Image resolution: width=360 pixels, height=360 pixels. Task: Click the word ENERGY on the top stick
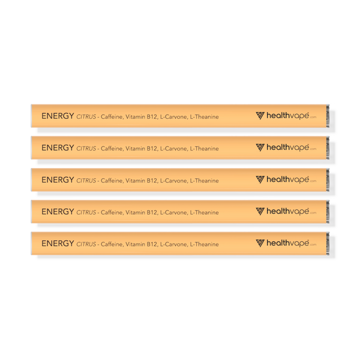[x=58, y=116]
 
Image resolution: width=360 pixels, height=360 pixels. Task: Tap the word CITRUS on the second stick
[x=86, y=149]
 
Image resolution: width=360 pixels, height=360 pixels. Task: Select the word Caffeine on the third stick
[x=112, y=181]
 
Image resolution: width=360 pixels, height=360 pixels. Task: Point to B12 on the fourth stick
[x=152, y=212]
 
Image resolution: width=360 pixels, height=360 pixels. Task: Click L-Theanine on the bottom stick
[x=204, y=244]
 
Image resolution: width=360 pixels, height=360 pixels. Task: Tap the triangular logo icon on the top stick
[x=260, y=116]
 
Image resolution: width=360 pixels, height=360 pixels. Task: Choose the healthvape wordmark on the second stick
[x=287, y=148]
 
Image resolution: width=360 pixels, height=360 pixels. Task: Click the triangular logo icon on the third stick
[x=260, y=179]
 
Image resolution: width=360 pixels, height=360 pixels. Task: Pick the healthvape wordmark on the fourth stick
[x=287, y=211]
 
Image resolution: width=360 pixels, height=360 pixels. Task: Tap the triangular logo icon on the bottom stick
[x=260, y=243]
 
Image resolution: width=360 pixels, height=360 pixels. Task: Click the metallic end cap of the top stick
[x=328, y=116]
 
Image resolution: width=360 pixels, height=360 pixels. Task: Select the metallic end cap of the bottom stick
[x=328, y=244]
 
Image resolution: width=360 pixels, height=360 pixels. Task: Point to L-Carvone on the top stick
[x=174, y=117]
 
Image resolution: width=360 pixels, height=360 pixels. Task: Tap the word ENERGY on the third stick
[x=58, y=180]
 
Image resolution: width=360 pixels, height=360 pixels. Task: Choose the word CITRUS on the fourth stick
[x=86, y=212]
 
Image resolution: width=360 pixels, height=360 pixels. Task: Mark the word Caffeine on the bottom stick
[x=112, y=244]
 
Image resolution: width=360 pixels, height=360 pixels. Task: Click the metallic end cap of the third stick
[x=328, y=180]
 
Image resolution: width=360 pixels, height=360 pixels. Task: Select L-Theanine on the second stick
[x=204, y=149]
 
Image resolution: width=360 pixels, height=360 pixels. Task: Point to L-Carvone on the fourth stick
[x=174, y=212]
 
